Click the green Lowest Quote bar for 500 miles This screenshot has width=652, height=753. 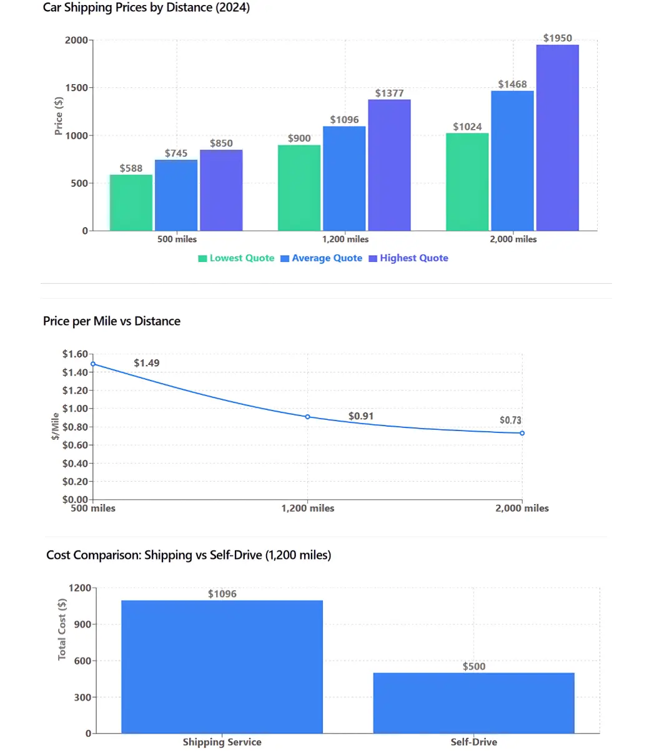pos(131,203)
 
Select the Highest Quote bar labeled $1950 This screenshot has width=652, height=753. pos(557,137)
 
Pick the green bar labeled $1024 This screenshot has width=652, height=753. pos(467,182)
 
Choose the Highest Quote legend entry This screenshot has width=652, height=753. pos(408,258)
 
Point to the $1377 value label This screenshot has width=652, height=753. pos(389,94)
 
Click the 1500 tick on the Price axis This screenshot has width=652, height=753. pos(77,88)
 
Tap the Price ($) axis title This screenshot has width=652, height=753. pos(59,115)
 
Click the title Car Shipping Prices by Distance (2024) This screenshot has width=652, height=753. pos(146,8)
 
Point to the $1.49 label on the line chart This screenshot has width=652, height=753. pos(147,363)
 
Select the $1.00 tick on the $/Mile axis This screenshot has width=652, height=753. pos(75,409)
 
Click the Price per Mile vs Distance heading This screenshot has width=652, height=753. pos(112,321)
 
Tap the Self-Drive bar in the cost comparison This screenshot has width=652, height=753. pos(473,703)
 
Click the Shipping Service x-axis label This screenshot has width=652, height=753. pos(222,742)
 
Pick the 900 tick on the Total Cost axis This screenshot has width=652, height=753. pos(83,624)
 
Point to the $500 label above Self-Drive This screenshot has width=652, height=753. pos(473,666)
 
